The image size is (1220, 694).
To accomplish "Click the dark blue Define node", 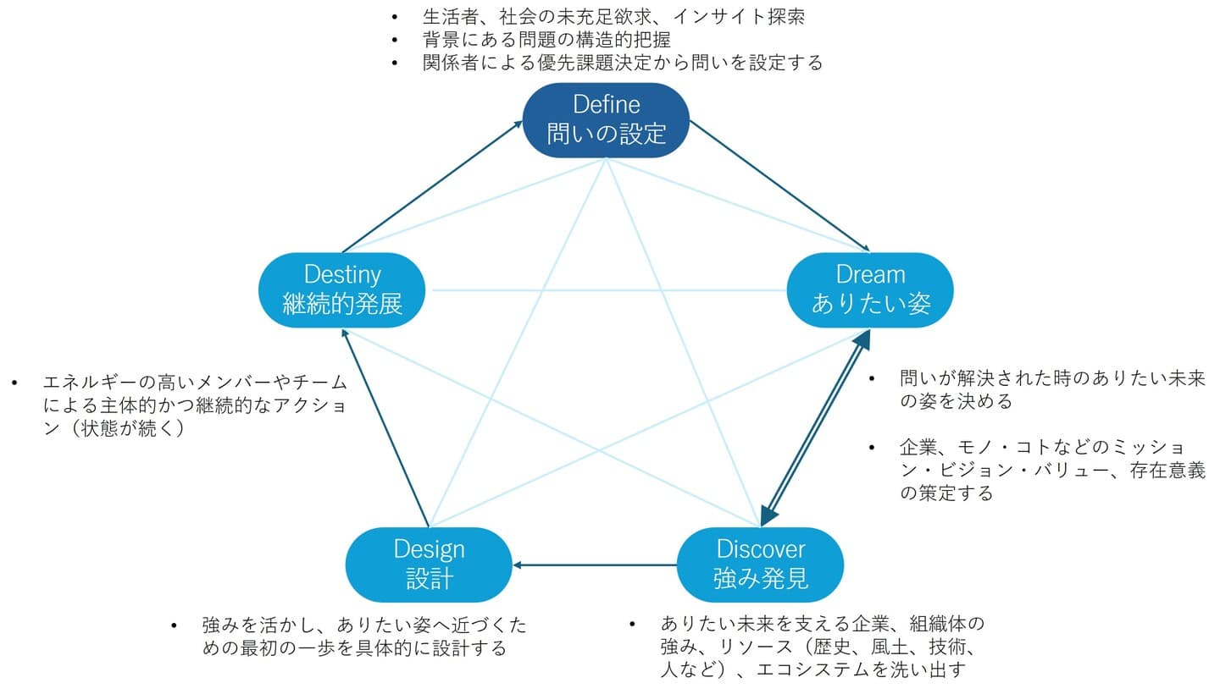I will coord(605,120).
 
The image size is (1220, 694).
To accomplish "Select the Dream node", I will coord(871,289).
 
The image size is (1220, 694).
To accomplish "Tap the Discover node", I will coord(760,565).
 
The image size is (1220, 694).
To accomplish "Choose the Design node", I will coord(429,565).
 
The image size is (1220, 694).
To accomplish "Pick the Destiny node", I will coord(342,289).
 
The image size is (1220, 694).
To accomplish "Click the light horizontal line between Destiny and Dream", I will coord(607,290).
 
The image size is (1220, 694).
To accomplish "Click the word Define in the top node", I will coord(607,105).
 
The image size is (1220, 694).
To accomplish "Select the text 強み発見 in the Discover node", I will coord(760,578).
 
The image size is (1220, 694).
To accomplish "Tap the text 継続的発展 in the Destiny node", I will coord(342,303).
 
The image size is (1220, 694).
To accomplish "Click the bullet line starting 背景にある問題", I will coord(546,39).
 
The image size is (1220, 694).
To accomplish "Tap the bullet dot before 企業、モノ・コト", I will coord(872,447).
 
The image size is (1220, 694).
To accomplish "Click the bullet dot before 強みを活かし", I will coord(175,625).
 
